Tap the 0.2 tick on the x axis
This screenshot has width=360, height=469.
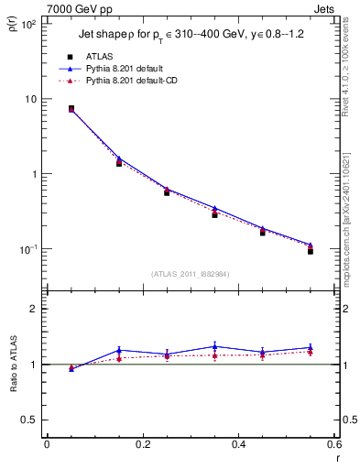point(142,446)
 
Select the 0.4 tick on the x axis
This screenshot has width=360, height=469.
point(238,446)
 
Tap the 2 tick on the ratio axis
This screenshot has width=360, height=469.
point(33,309)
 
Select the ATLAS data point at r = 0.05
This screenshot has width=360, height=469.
point(71,108)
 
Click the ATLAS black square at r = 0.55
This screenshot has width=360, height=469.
point(311,251)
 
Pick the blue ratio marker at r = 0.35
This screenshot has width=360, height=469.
point(214,346)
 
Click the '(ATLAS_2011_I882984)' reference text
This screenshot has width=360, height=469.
point(191,274)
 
